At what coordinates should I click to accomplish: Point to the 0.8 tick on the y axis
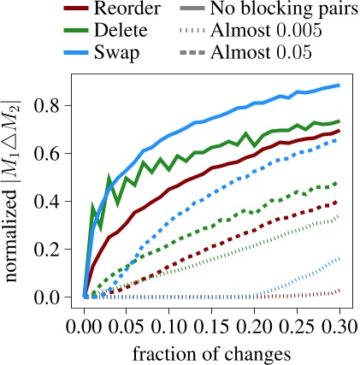(54, 107)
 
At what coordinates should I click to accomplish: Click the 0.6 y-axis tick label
(54, 154)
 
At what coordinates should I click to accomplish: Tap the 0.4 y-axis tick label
(54, 202)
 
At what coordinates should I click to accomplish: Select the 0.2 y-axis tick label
(54, 250)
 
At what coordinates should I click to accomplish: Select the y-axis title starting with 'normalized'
(16, 188)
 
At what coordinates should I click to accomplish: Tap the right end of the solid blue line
(340, 85)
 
